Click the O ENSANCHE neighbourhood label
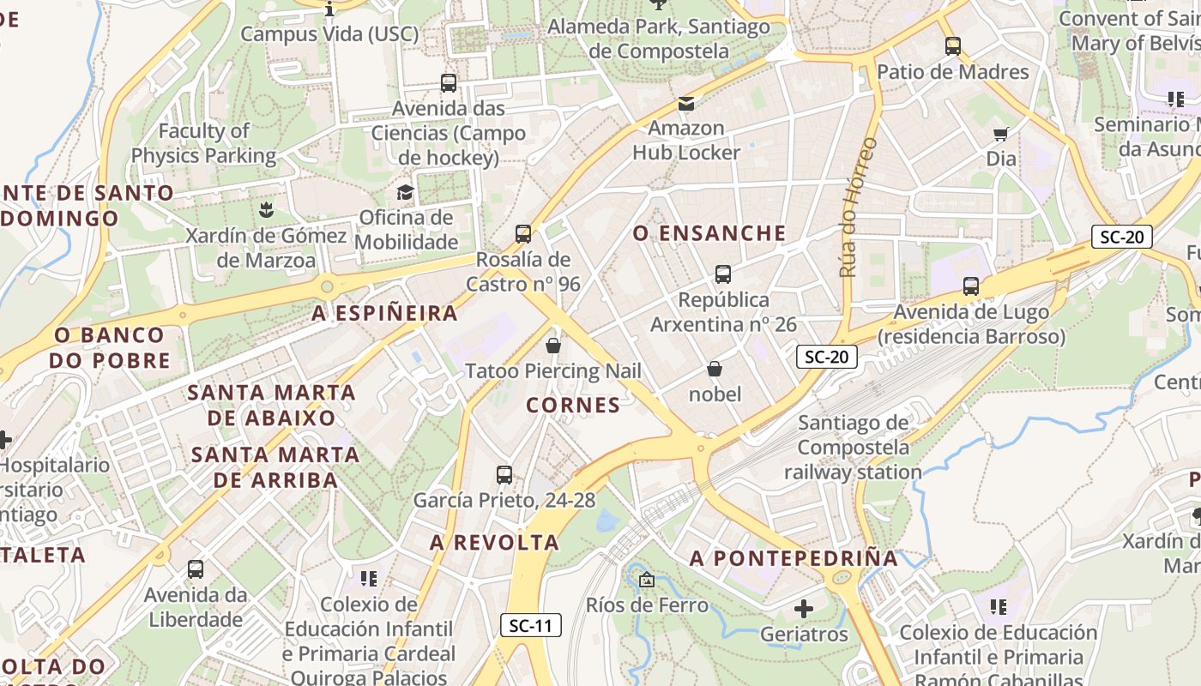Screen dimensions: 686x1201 (709, 233)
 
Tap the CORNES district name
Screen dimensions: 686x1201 (573, 405)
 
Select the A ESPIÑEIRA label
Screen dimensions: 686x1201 (385, 314)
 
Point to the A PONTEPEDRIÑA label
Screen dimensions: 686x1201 (794, 558)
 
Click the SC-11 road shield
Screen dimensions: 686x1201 (531, 625)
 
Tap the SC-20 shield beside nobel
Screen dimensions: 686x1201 (827, 357)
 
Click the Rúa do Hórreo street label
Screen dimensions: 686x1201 (859, 207)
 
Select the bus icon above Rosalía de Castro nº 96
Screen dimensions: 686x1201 (523, 233)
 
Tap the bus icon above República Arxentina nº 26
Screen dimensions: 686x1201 (723, 274)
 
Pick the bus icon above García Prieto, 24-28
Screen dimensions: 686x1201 (504, 474)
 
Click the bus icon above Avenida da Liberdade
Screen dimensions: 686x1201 (196, 569)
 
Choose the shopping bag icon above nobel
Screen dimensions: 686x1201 (715, 369)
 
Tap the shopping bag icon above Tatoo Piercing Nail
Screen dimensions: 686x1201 (553, 346)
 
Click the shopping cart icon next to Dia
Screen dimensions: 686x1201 (1000, 133)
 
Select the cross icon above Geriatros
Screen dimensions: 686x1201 (804, 609)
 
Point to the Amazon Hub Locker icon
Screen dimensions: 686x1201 (686, 104)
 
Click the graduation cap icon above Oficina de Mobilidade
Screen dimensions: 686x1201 (405, 192)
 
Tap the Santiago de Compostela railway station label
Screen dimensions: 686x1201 (853, 447)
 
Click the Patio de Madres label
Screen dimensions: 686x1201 (952, 72)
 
